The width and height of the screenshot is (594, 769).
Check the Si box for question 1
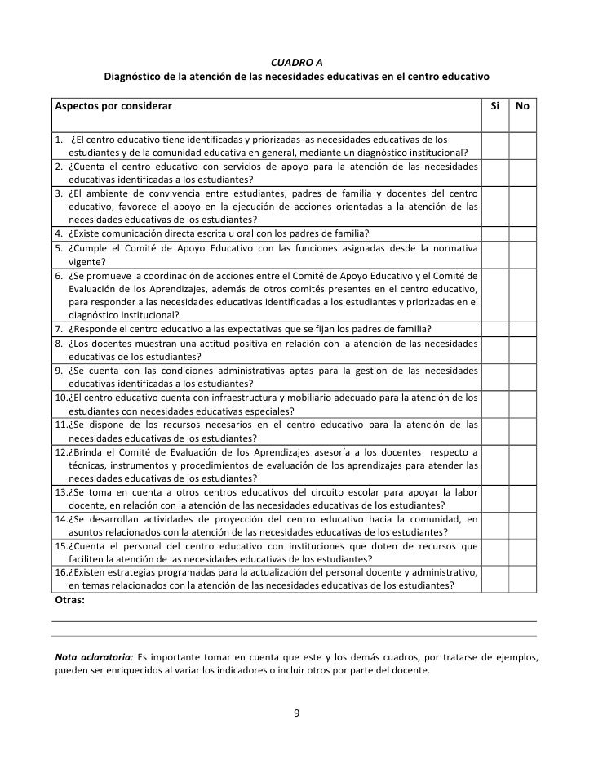pos(494,144)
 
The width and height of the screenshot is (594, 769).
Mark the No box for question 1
pos(522,144)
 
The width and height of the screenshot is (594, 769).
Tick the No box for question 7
pos(522,329)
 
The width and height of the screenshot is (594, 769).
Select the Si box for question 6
pos(494,292)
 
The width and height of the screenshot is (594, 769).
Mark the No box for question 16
pos(522,579)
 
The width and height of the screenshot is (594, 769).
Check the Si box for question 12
pos(494,465)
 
